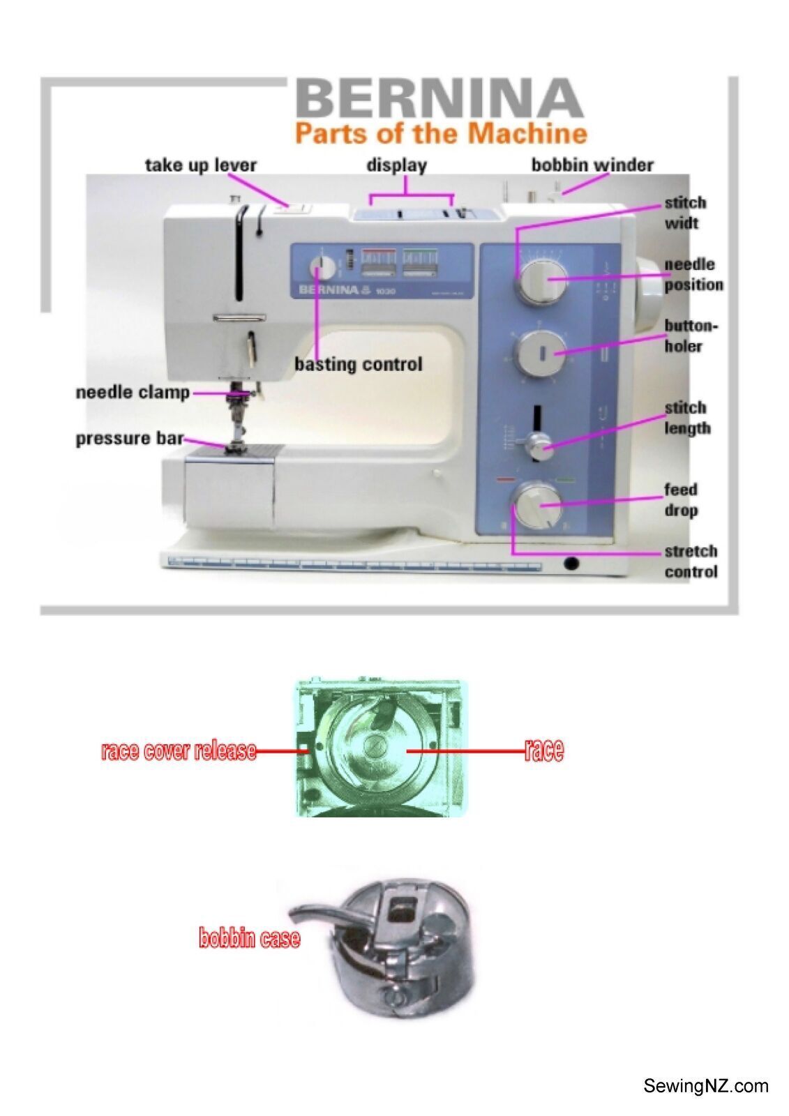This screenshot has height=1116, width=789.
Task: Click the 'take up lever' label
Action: [200, 165]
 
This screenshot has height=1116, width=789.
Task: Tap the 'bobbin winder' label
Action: [592, 165]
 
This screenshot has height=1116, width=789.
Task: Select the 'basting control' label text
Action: [358, 364]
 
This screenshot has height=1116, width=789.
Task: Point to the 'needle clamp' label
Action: [133, 392]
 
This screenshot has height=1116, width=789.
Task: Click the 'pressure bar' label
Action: [130, 439]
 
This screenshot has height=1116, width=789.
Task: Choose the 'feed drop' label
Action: [680, 499]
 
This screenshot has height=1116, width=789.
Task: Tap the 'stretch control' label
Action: [690, 561]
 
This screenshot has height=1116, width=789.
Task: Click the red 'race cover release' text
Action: [179, 751]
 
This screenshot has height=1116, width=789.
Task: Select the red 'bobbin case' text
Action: [250, 938]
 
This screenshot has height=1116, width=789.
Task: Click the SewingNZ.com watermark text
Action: [705, 1085]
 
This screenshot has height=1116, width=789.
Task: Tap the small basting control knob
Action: [322, 269]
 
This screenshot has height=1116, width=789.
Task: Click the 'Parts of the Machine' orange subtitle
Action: [440, 132]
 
